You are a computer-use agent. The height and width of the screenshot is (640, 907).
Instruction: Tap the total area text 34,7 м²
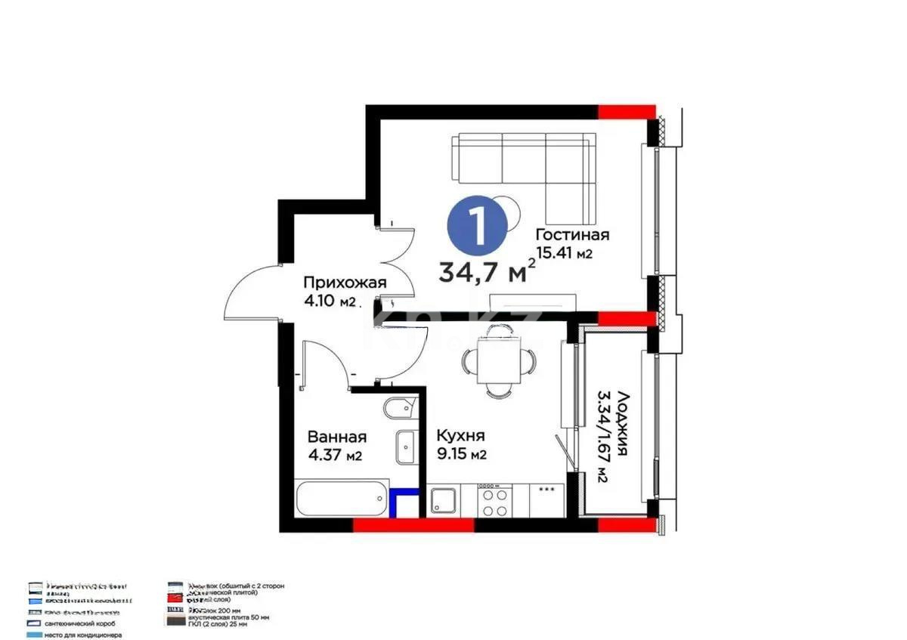[488, 269]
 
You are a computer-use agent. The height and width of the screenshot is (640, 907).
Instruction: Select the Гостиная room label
[571, 234]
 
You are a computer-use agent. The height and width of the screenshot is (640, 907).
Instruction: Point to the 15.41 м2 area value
[564, 254]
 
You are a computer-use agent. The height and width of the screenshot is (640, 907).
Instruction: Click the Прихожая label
[345, 283]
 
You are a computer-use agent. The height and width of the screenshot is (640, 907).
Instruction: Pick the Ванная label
[337, 437]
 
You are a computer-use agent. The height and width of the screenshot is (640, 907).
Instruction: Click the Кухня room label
[460, 436]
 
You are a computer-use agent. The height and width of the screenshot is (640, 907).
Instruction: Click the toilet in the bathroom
[399, 410]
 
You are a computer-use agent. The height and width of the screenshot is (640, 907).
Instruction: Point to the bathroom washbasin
[406, 447]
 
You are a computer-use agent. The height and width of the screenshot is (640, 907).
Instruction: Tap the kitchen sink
[443, 501]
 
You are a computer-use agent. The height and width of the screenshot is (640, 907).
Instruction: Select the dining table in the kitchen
[496, 361]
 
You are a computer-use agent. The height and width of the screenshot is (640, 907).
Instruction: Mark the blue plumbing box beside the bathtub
[407, 502]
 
